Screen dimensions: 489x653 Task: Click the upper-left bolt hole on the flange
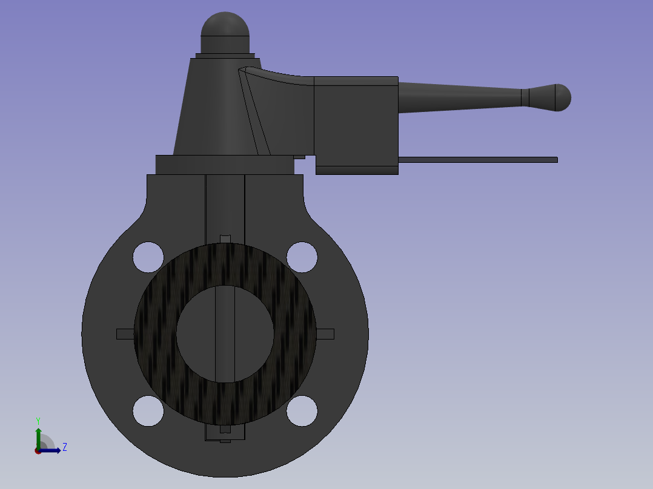click(148, 257)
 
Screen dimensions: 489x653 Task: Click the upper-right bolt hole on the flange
click(302, 257)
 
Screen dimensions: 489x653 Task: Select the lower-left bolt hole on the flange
click(148, 411)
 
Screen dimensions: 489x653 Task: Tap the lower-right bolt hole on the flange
click(302, 411)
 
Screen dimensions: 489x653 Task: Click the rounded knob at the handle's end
click(558, 97)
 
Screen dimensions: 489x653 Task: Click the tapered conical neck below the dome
click(212, 109)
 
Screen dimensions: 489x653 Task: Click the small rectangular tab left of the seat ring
click(125, 334)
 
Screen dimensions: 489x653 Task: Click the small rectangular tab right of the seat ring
click(325, 334)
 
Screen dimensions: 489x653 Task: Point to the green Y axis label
click(38, 420)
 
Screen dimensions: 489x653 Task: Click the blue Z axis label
click(64, 447)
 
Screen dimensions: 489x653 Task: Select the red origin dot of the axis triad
click(38, 450)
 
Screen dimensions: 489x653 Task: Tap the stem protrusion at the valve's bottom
click(225, 434)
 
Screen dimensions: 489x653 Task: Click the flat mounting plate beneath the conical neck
click(224, 165)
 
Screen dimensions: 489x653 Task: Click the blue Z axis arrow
click(53, 450)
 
